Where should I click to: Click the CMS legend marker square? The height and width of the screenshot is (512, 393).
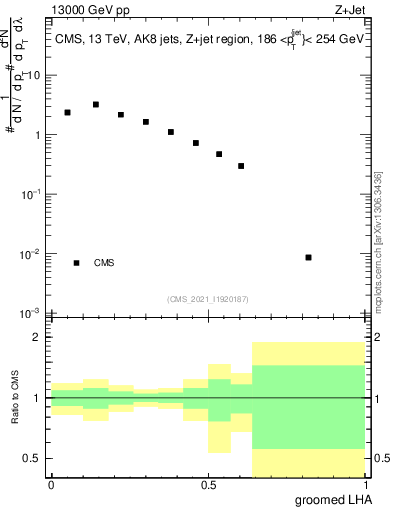[x=76, y=263]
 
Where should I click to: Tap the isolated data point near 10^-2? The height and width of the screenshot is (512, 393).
[x=309, y=257]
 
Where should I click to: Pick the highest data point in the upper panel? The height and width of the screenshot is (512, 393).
[x=96, y=104]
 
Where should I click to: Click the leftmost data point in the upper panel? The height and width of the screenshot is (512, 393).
[x=67, y=113]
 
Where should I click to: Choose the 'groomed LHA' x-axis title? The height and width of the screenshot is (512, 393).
[x=331, y=500]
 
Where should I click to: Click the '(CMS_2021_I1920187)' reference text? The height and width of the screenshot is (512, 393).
[x=207, y=298]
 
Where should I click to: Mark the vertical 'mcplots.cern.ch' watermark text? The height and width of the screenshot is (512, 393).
[x=381, y=246]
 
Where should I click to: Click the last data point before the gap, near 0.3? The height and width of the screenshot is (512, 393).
[x=241, y=166]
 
